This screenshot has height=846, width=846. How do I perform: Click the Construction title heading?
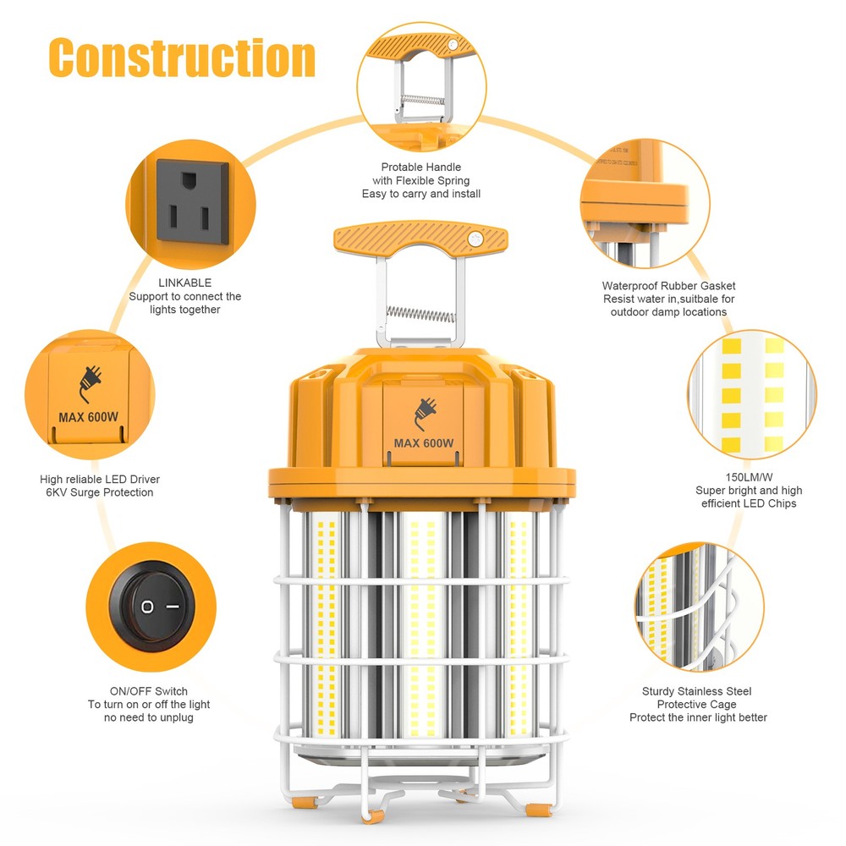point(182,58)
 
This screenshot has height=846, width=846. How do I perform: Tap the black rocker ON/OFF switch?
point(158,606)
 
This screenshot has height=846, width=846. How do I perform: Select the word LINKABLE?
point(184,283)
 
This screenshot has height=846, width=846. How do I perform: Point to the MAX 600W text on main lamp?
point(424,443)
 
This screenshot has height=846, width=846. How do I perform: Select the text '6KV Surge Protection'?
point(96,492)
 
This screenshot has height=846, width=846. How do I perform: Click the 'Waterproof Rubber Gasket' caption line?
point(668,287)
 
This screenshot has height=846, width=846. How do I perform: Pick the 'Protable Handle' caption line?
point(420,168)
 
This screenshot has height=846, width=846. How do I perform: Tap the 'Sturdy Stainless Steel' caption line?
point(697,691)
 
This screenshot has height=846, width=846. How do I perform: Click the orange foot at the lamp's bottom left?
point(305,810)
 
